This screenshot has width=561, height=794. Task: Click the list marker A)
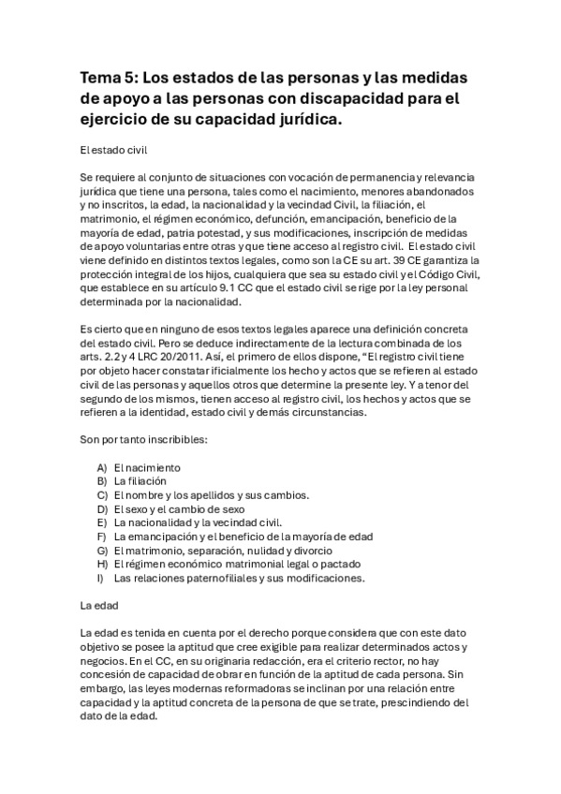(102, 467)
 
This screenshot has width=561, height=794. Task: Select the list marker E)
(101, 522)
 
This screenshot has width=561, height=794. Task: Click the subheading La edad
(98, 607)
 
